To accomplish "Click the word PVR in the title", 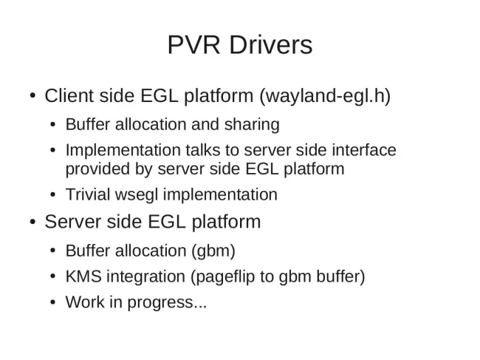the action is (x=193, y=45).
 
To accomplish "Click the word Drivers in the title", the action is (x=271, y=45).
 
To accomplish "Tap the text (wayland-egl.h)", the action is (x=325, y=96).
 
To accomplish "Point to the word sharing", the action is (x=252, y=125).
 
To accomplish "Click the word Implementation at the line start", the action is (x=123, y=151).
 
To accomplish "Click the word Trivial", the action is (x=88, y=194).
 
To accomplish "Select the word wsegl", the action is (x=137, y=195).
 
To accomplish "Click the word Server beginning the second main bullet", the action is (x=72, y=222).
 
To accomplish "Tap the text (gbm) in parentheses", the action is (x=213, y=251).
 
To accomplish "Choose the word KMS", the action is (x=83, y=276).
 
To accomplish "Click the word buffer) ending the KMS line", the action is (x=340, y=276).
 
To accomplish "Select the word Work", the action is (x=85, y=302).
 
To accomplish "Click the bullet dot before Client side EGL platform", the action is (x=32, y=95).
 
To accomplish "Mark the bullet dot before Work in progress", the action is (x=53, y=302).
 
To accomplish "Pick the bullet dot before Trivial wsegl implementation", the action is (x=53, y=195).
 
